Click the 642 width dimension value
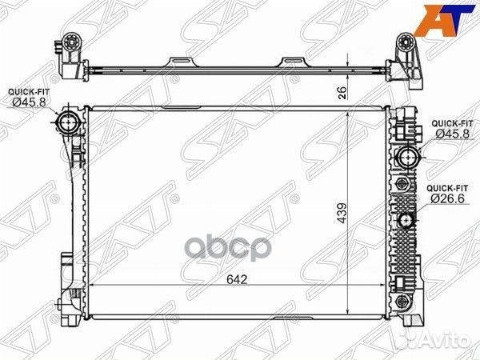point(237,279)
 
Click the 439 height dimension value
point(342,213)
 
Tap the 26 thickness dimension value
point(342,93)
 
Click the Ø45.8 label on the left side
point(29,102)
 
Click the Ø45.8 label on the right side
point(452,134)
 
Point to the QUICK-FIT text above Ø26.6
point(447,188)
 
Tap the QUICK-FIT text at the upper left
point(29,91)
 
